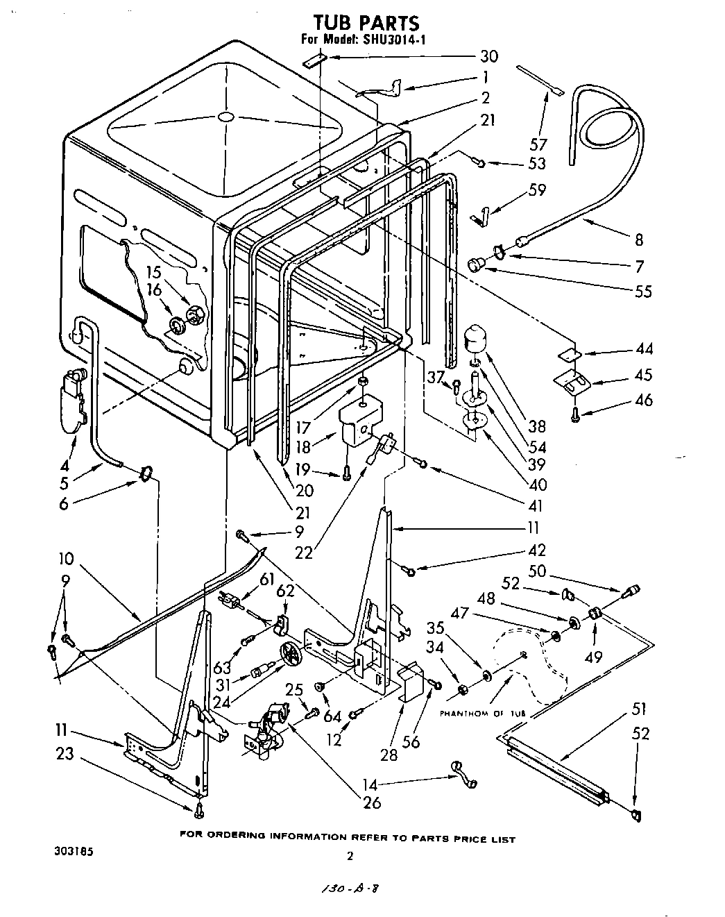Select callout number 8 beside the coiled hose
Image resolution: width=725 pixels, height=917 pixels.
[x=638, y=240]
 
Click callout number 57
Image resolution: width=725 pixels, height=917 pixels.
[x=538, y=145]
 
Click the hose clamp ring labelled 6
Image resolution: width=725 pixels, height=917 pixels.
[x=145, y=473]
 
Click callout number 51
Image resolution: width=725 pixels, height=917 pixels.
[x=638, y=709]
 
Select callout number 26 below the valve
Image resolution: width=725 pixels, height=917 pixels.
[x=372, y=803]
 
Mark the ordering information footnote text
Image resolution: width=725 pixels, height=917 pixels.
[x=347, y=839]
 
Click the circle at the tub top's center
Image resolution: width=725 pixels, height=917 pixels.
[x=224, y=118]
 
